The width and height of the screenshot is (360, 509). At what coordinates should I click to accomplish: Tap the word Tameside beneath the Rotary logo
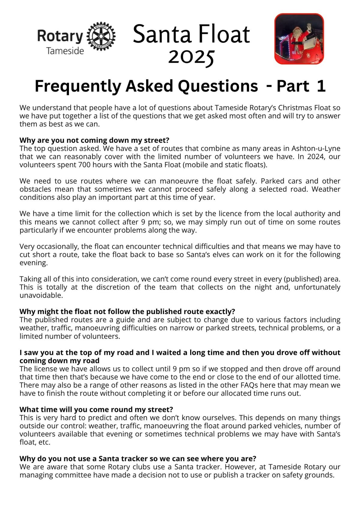click(x=65, y=51)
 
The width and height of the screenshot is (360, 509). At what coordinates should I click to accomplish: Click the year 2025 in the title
click(x=191, y=57)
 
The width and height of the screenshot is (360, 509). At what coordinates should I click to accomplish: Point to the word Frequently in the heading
click(x=78, y=86)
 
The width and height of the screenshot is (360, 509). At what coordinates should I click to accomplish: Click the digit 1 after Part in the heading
click(x=321, y=86)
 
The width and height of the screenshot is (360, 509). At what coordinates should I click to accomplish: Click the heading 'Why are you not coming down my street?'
click(x=94, y=140)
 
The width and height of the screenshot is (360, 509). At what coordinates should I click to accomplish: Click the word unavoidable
click(x=41, y=295)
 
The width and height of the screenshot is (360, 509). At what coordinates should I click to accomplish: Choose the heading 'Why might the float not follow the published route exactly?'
click(x=127, y=311)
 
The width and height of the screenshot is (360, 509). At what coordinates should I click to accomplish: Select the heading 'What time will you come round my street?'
click(x=96, y=409)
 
